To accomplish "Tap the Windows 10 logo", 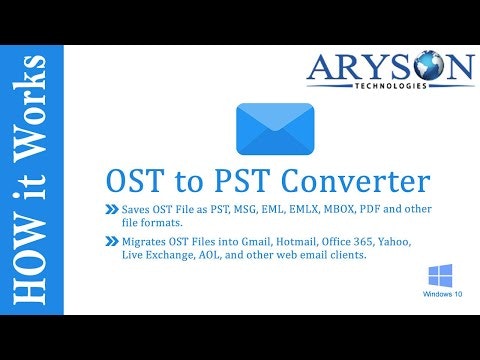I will click(439, 276).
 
